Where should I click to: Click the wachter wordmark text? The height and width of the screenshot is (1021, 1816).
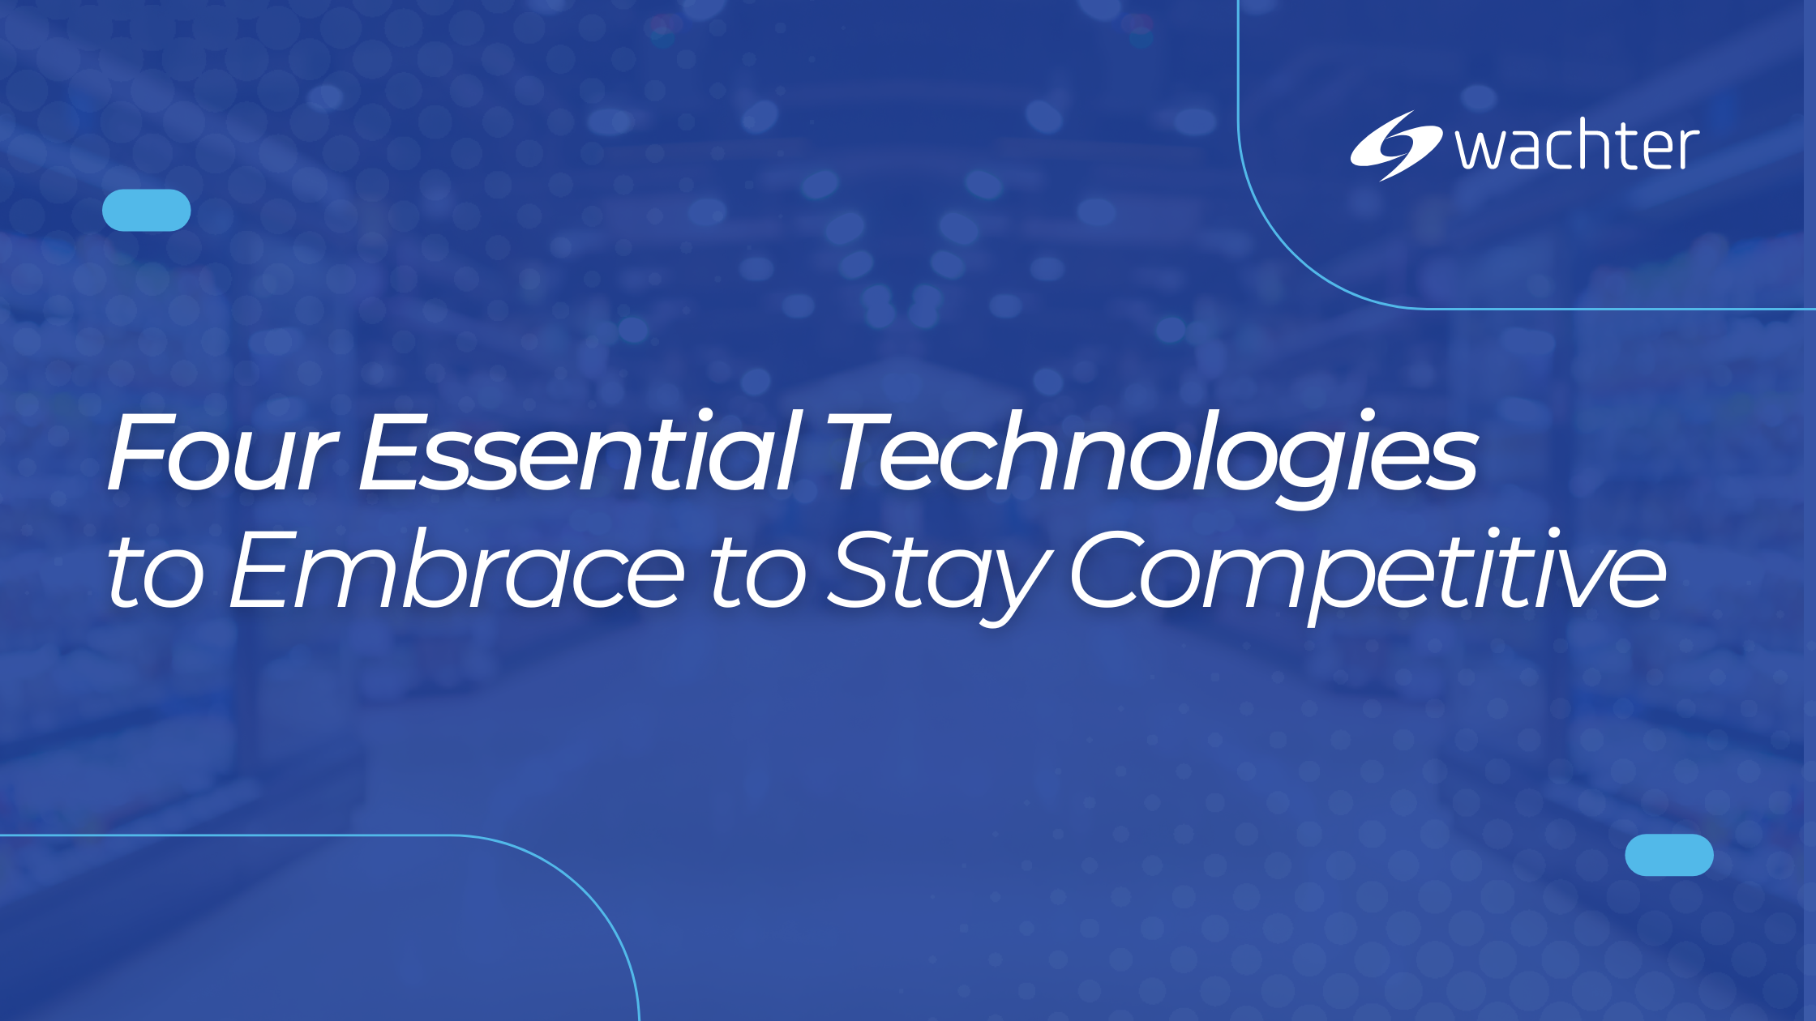pyautogui.click(x=1577, y=147)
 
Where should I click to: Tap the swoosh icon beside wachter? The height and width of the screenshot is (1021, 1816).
pyautogui.click(x=1394, y=146)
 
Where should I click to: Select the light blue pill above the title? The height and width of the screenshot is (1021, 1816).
pyautogui.click(x=147, y=210)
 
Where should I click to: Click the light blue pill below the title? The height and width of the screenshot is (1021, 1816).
pyautogui.click(x=1669, y=855)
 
